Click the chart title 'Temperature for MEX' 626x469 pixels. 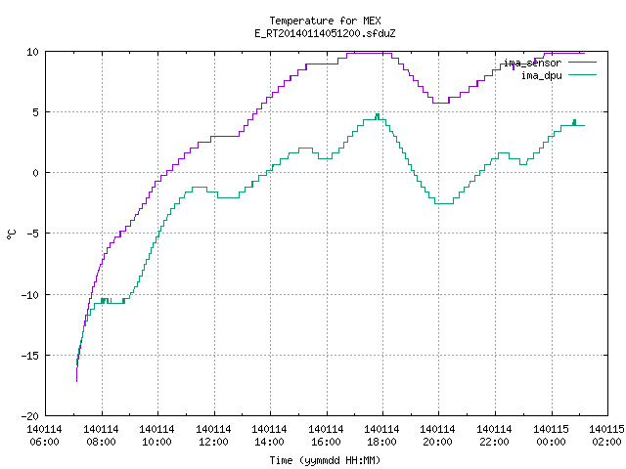point(325,21)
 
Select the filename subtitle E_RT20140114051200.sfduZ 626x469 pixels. point(325,33)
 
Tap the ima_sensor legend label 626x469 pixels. point(532,63)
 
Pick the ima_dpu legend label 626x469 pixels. point(541,75)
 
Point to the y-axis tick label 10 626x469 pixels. point(32,52)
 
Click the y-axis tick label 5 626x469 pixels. point(35,112)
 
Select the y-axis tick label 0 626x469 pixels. point(35,173)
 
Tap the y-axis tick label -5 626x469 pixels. point(32,234)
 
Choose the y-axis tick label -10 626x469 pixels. point(29,295)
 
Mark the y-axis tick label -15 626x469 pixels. point(29,356)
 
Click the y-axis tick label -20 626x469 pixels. point(29,416)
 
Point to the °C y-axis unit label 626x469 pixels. point(11,234)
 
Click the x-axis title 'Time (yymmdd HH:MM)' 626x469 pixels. point(325,460)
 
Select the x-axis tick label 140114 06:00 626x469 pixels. point(44,436)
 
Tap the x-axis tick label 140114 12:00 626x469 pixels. point(213,436)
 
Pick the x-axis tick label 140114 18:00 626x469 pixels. point(382,436)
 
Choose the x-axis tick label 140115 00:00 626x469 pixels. point(551,436)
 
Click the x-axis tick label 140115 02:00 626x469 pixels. point(606,436)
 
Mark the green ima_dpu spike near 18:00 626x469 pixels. point(378,116)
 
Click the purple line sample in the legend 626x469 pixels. point(582,63)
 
